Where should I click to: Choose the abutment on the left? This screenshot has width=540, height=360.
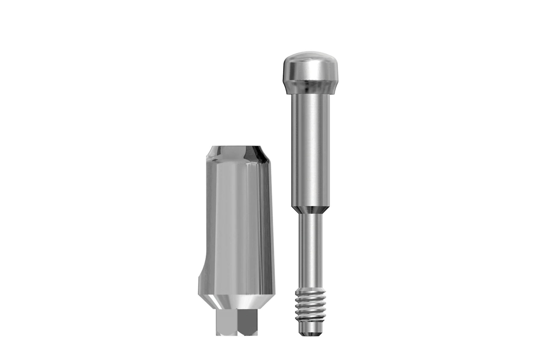pyautogui.click(x=235, y=238)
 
